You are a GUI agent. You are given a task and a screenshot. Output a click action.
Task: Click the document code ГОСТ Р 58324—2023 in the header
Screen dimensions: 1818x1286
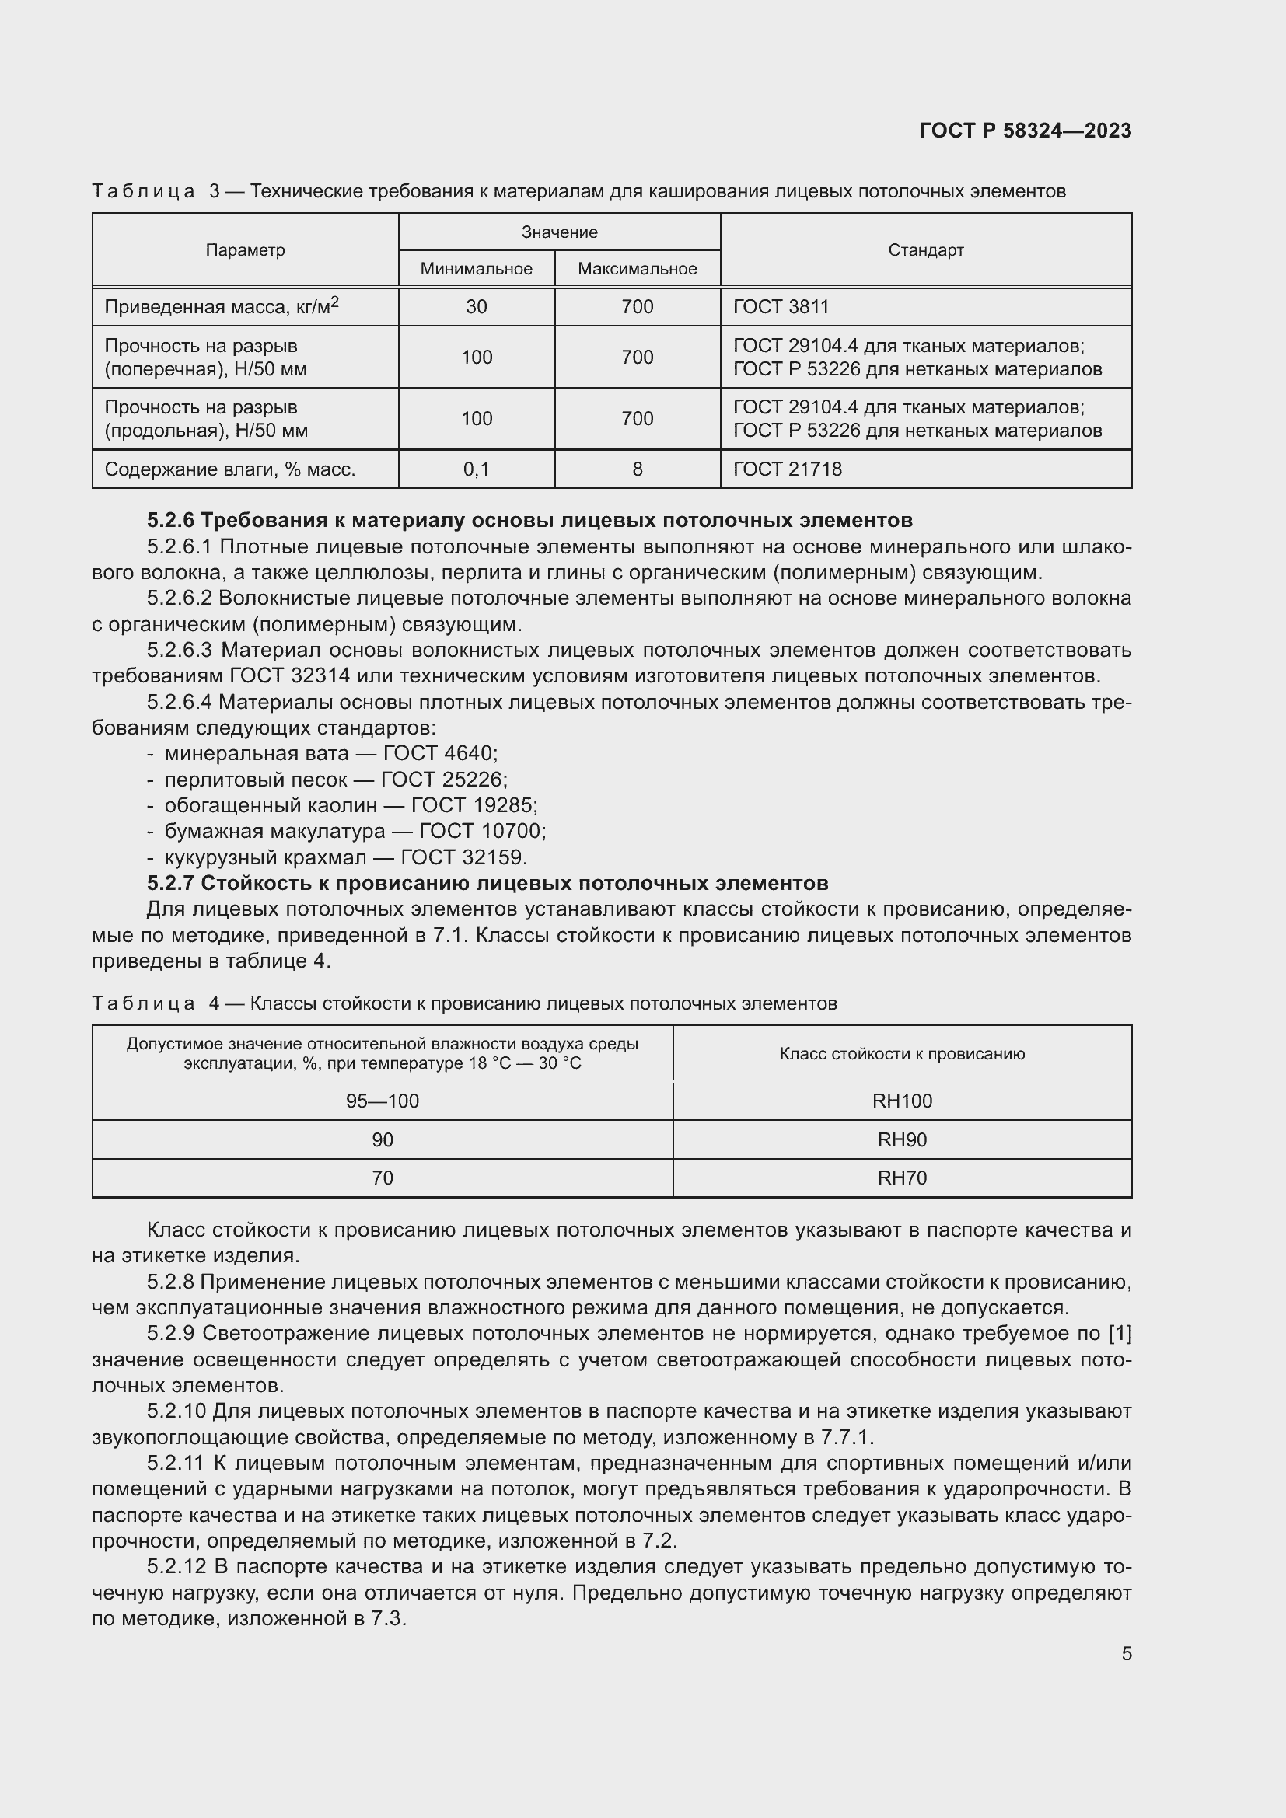[x=1025, y=131]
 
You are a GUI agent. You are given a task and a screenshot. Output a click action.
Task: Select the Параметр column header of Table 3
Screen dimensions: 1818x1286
[x=245, y=250]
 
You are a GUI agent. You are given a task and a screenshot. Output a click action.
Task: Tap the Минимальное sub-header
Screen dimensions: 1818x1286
[x=476, y=269]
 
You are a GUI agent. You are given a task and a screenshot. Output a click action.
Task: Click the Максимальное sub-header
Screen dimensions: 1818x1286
[x=637, y=269]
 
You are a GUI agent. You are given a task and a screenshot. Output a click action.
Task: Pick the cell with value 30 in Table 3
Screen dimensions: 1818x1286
[x=476, y=307]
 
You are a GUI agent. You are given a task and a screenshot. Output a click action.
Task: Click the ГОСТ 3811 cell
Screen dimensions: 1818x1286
[x=781, y=307]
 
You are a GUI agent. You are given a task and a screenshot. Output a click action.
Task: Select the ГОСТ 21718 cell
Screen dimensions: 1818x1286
[x=787, y=469]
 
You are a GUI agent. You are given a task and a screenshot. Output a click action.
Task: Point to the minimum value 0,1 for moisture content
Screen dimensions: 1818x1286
[x=476, y=469]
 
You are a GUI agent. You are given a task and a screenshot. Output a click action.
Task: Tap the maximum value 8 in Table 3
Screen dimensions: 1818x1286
[x=637, y=469]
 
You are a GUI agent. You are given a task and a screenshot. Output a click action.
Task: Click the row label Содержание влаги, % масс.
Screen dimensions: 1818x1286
[x=229, y=469]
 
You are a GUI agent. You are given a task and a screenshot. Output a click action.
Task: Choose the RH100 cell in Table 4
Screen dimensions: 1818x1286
[x=902, y=1101]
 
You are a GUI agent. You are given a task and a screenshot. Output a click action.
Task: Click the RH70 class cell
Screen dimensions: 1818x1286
[x=902, y=1178]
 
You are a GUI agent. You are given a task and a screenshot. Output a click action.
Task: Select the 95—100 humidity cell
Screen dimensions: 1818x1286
[x=383, y=1101]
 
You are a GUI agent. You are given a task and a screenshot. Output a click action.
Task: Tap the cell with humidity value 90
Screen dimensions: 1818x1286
[x=383, y=1139]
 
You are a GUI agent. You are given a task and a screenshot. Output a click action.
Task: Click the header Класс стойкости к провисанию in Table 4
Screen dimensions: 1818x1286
[x=902, y=1054]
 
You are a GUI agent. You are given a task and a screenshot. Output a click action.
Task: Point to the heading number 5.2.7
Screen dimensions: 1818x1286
[x=170, y=883]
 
